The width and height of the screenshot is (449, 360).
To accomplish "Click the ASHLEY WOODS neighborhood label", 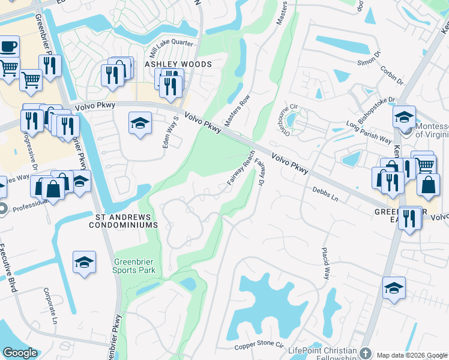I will coord(177,64).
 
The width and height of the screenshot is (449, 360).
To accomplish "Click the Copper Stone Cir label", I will coord(259,346).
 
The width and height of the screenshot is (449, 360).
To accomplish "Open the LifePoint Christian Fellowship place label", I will coord(322,352).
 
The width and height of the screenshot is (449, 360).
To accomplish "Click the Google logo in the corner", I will coord(20,353).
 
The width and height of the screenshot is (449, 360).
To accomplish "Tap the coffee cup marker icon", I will coord(8,46).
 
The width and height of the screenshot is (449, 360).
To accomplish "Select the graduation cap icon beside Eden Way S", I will coord(140,123).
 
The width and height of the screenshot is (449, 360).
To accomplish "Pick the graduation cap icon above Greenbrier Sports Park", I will coord(85,262).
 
